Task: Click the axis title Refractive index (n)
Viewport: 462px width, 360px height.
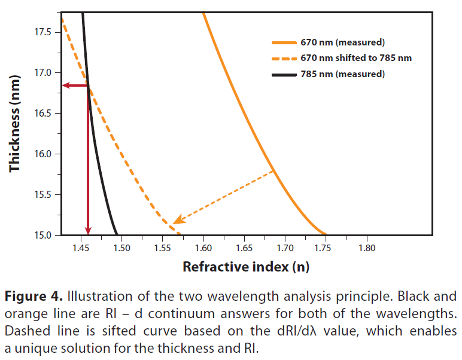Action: [245, 267]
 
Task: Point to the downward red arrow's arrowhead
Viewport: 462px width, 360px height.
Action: [88, 231]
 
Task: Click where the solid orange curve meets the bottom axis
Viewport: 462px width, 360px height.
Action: [326, 234]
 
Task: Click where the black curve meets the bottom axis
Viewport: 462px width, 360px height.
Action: [117, 234]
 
